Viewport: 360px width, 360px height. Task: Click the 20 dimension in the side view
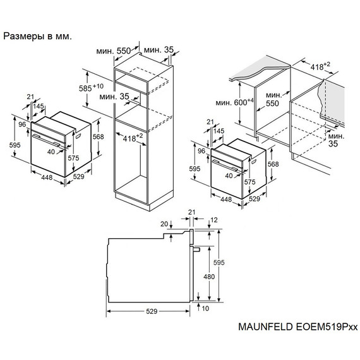pos(164,224)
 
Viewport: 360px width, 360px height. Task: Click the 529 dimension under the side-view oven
pos(148,312)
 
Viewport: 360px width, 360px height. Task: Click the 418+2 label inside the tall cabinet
pos(133,136)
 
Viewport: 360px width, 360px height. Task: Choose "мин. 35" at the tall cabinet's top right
pos(157,51)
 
